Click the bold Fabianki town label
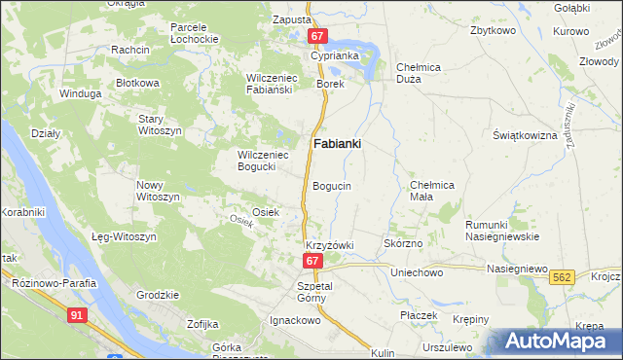click(338, 144)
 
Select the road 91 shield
click(77, 314)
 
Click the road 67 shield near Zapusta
click(317, 36)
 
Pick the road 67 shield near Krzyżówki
click(311, 261)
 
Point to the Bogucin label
click(332, 185)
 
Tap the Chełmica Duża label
click(421, 73)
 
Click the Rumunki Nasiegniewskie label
click(495, 230)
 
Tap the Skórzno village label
click(403, 243)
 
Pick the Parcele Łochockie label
click(193, 33)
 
